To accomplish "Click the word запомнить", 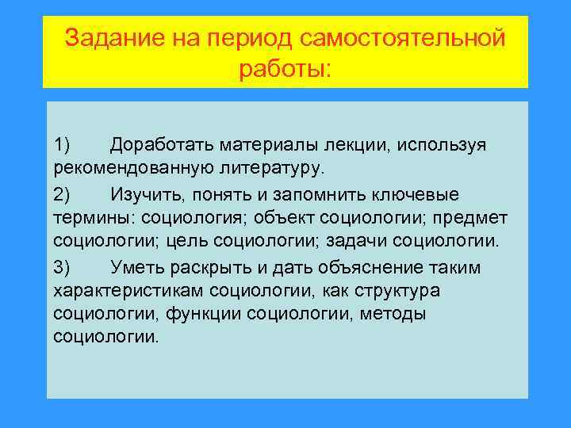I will [x=316, y=194].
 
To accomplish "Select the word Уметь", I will [x=136, y=267].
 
